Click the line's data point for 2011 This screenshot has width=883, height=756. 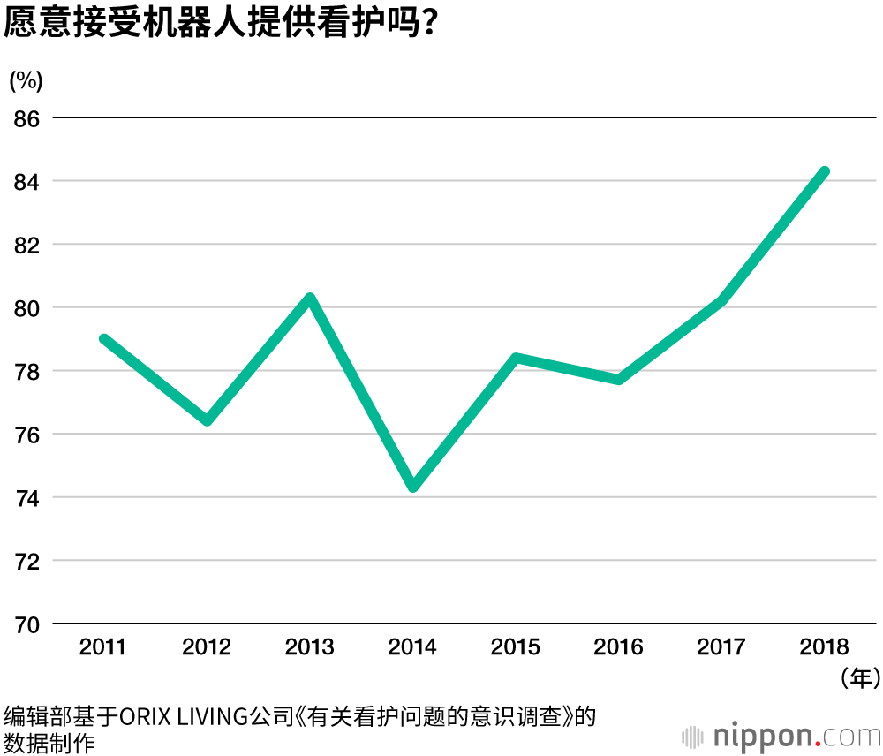(x=104, y=339)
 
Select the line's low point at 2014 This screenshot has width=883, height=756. (x=412, y=487)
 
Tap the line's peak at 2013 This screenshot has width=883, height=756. (x=310, y=298)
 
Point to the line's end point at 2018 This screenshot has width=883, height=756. (x=824, y=171)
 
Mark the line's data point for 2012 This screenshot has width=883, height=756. (x=208, y=420)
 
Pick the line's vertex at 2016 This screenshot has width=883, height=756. (x=619, y=380)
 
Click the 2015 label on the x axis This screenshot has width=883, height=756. (x=516, y=647)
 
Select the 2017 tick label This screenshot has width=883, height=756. (x=721, y=647)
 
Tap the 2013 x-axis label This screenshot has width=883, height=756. (x=310, y=647)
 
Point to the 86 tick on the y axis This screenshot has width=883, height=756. (x=27, y=118)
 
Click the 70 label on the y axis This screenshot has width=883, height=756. (x=27, y=624)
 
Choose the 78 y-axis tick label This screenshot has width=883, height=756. (x=27, y=371)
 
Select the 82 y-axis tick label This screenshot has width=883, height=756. (x=27, y=245)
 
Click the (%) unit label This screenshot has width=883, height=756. (x=26, y=80)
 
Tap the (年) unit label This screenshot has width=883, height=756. (x=859, y=677)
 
